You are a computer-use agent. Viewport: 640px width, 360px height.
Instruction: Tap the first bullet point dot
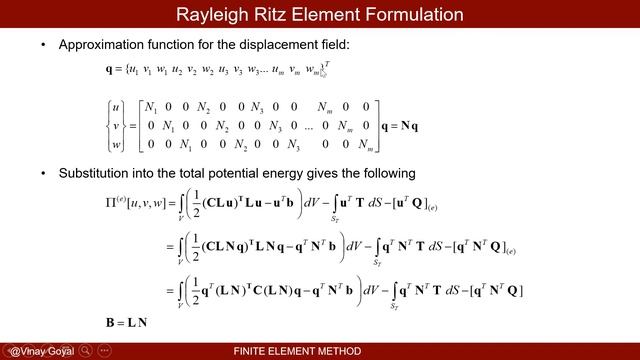[42, 46]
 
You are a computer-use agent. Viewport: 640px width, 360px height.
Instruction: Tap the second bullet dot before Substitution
[42, 173]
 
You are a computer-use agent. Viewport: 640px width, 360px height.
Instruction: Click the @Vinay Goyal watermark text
[39, 351]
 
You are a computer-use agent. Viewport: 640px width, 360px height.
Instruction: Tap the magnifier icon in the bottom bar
[87, 351]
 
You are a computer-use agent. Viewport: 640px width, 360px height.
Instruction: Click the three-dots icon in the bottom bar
[105, 351]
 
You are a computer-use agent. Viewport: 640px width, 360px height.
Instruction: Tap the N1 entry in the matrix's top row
[152, 107]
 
